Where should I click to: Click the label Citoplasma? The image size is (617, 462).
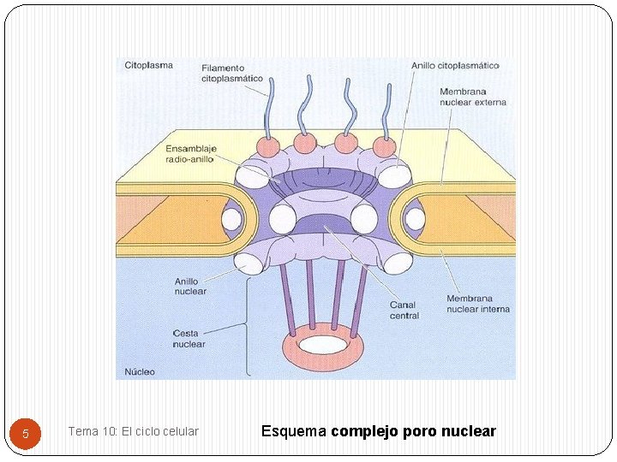click(x=148, y=65)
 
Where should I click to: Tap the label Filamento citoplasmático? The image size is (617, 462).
click(x=232, y=74)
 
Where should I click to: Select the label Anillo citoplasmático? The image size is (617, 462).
click(x=454, y=65)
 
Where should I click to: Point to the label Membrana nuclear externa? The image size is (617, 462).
click(x=472, y=97)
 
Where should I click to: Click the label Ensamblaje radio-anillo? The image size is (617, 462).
click(x=190, y=154)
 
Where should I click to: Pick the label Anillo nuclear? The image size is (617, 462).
click(x=190, y=286)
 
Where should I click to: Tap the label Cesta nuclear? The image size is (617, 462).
click(x=189, y=339)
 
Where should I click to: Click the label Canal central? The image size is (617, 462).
click(x=404, y=310)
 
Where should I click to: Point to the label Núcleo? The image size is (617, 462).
click(x=140, y=372)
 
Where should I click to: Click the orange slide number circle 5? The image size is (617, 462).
click(x=26, y=433)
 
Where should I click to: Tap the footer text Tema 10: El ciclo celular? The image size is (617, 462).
click(x=133, y=431)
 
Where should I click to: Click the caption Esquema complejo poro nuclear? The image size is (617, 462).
click(x=378, y=431)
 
